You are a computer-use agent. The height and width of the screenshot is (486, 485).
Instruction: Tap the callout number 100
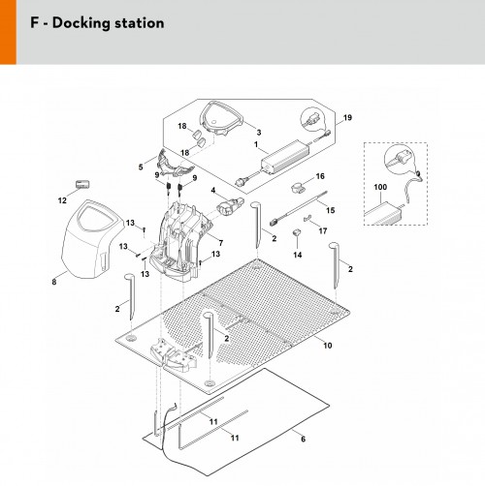[x=380, y=187]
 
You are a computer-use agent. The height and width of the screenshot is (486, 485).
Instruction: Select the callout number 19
[x=347, y=117]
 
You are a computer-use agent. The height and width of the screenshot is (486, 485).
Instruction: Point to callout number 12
[x=62, y=200]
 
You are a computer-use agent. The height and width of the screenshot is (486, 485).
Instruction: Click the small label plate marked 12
[x=82, y=185]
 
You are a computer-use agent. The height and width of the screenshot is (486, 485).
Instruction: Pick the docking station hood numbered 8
[x=92, y=239]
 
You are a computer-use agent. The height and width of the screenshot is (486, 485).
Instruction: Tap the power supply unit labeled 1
[x=284, y=157]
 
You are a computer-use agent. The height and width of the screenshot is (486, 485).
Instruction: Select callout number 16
[x=320, y=176]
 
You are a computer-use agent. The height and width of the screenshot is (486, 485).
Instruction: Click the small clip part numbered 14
[x=297, y=232]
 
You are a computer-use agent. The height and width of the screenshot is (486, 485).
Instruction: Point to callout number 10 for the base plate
[x=328, y=346]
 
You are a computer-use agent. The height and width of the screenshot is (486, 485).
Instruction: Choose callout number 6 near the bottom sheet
[x=303, y=440]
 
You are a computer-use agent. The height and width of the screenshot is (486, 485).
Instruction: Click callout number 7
[x=221, y=243]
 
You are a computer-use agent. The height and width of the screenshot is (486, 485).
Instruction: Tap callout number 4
[x=213, y=190]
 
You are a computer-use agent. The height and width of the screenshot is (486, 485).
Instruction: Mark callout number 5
[x=141, y=167]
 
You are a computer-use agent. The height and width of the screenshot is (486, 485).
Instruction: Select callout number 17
[x=323, y=231]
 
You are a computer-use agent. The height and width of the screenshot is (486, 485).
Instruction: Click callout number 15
[x=330, y=210]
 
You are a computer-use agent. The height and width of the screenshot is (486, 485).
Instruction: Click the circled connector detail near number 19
[x=312, y=119]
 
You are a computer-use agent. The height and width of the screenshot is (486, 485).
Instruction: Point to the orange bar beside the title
[x=8, y=32]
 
